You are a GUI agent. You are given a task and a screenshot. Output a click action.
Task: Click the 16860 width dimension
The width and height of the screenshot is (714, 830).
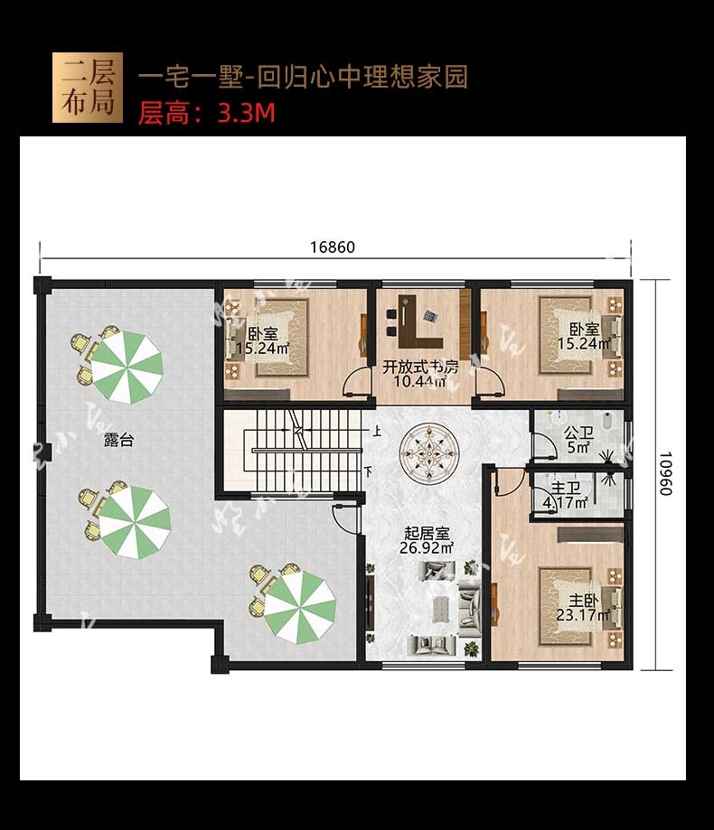332,247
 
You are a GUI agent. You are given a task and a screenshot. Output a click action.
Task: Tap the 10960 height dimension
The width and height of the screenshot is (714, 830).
665,473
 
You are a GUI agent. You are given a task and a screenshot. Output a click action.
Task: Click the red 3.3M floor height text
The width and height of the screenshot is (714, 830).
247,113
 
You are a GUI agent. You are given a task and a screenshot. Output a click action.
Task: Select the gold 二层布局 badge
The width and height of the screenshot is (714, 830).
88,88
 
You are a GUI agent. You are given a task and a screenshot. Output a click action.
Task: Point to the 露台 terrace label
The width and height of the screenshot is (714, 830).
118,440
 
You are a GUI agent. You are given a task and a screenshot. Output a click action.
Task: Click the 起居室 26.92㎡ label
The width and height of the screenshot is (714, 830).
427,540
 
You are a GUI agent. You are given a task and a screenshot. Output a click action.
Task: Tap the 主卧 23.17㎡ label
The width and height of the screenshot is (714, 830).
583,608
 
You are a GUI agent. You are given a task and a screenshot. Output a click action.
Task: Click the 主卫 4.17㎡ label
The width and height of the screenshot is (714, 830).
566,495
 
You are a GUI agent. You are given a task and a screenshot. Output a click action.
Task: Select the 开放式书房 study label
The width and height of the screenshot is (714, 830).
420,374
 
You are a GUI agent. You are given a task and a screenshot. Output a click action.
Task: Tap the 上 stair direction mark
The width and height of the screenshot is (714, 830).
376,431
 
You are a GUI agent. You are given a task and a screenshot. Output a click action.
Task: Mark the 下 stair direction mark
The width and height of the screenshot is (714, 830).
369,470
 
